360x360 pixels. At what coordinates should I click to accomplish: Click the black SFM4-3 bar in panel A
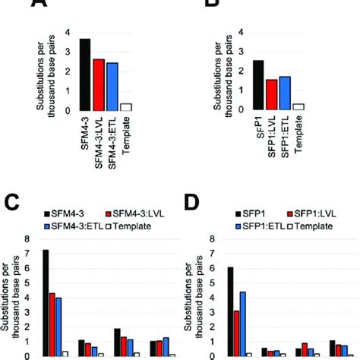(x=85, y=74)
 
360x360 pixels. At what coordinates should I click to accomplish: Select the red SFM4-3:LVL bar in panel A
(x=99, y=84)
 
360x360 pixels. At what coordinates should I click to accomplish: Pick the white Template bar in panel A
(x=126, y=107)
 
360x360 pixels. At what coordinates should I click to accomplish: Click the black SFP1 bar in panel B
(x=259, y=86)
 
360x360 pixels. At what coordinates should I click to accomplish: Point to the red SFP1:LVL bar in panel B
(x=272, y=95)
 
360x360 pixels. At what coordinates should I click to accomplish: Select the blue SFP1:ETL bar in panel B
(x=285, y=93)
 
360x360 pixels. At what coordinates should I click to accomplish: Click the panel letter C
(x=14, y=204)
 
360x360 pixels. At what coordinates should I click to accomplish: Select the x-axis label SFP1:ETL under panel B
(x=286, y=137)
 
